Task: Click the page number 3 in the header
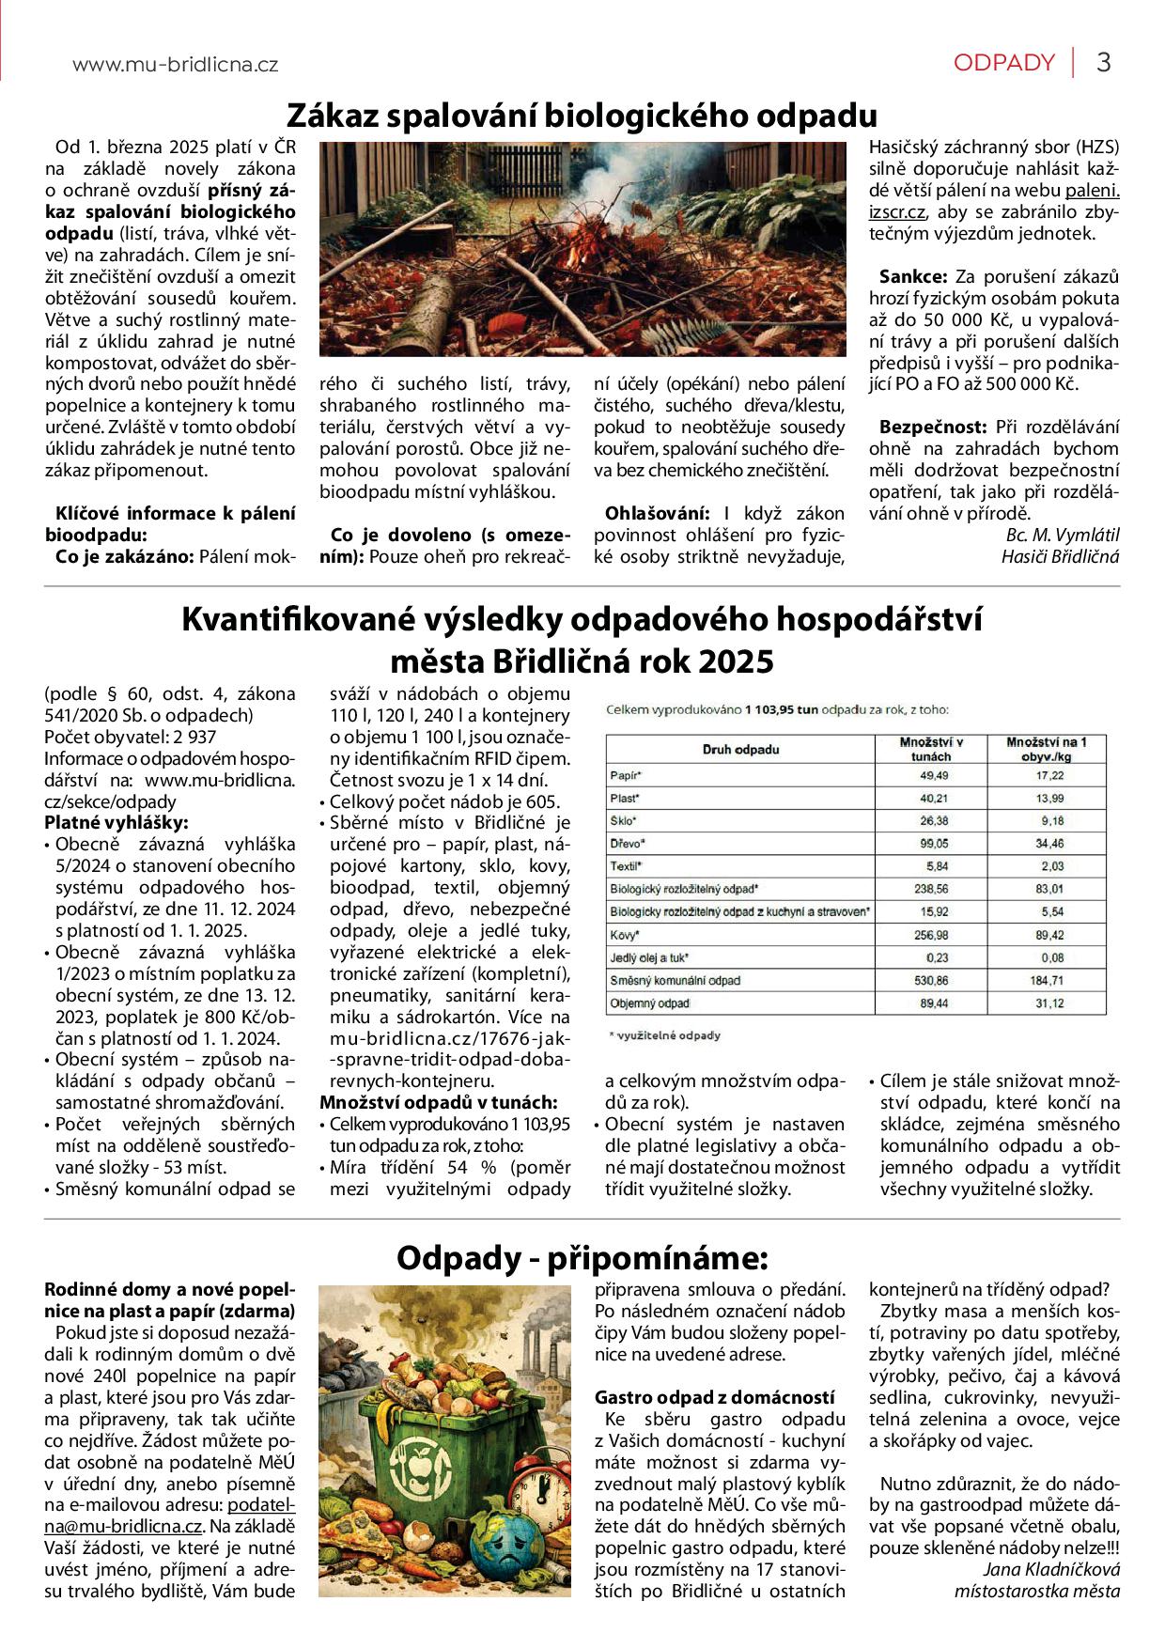[1104, 63]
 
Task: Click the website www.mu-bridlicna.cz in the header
[175, 65]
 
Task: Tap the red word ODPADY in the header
[1003, 63]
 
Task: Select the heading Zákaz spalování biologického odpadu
[582, 116]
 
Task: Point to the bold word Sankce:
[912, 277]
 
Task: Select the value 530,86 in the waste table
[934, 981]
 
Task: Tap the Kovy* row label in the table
[625, 936]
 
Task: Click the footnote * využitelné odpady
[665, 1035]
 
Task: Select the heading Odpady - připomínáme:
[582, 1257]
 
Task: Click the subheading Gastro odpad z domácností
[714, 1397]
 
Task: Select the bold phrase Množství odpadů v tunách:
[438, 1102]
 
